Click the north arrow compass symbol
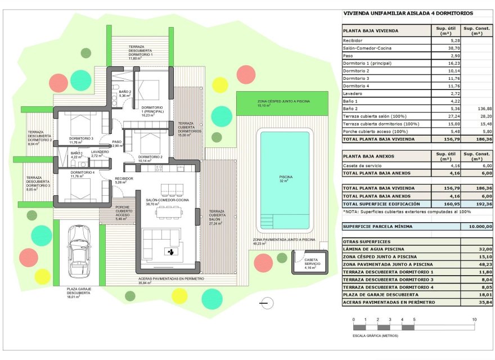tap(267, 303)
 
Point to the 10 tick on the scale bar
tap(474, 319)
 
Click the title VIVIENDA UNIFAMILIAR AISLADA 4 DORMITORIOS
tap(408, 13)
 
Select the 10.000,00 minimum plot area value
tap(476, 226)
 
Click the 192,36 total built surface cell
tap(476, 204)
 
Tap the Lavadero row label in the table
tap(353, 93)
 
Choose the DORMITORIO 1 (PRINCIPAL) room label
tap(152, 110)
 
